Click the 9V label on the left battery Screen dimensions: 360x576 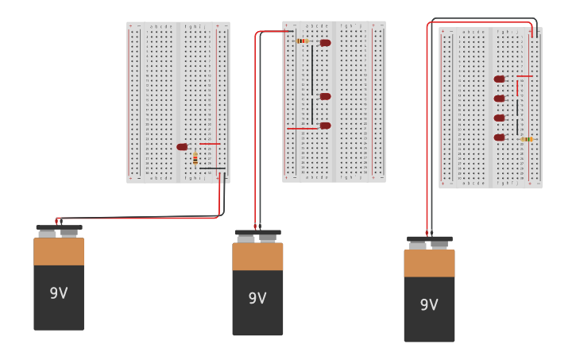(x=59, y=293)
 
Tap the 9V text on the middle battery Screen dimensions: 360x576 (x=257, y=299)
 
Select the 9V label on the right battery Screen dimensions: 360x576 (x=429, y=305)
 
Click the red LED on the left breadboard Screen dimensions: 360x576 (x=182, y=147)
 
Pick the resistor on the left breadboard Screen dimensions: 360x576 (x=195, y=158)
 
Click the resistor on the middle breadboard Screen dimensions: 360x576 (x=302, y=41)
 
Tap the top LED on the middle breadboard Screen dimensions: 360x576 (x=325, y=43)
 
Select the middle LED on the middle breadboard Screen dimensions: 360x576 (x=325, y=96)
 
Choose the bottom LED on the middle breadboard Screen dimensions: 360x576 (x=325, y=126)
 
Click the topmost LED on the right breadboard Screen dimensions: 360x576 (x=499, y=79)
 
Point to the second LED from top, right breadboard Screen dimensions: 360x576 (x=499, y=99)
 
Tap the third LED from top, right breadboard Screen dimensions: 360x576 (x=499, y=118)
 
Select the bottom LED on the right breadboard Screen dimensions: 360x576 (x=499, y=137)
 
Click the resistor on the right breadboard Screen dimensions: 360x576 (x=526, y=139)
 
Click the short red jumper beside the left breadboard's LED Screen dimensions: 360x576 (x=210, y=144)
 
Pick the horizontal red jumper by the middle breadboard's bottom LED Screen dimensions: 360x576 (x=302, y=128)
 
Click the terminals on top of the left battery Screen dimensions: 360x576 (x=59, y=232)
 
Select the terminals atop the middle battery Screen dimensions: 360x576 (x=257, y=237)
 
